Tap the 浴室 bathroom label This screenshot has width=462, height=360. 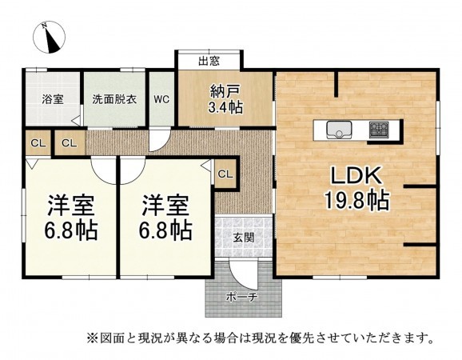pyautogui.click(x=53, y=100)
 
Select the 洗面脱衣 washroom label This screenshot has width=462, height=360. pyautogui.click(x=114, y=100)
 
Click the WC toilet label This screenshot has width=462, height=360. pyautogui.click(x=161, y=100)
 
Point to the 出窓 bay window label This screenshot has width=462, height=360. pyautogui.click(x=209, y=61)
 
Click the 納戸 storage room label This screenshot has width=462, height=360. pyautogui.click(x=224, y=90)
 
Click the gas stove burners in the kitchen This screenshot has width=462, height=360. pyautogui.click(x=377, y=129)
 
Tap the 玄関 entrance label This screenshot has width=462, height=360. pyautogui.click(x=245, y=237)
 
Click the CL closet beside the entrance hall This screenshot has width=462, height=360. pyautogui.click(x=225, y=173)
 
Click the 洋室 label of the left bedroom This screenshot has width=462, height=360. pyautogui.click(x=70, y=205)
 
